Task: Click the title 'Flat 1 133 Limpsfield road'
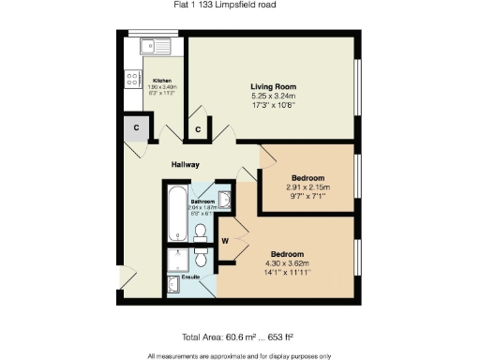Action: pyautogui.click(x=238, y=6)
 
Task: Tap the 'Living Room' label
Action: pyautogui.click(x=273, y=86)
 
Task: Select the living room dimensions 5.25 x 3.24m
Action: pyautogui.click(x=273, y=96)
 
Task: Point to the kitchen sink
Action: pyautogui.click(x=151, y=45)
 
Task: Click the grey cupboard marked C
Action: pyautogui.click(x=136, y=127)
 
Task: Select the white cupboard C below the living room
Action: pyautogui.click(x=198, y=129)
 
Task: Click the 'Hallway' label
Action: pyautogui.click(x=185, y=165)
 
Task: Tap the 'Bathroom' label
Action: pyautogui.click(x=203, y=202)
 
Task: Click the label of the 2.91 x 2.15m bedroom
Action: pyautogui.click(x=307, y=178)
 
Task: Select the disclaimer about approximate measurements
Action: pyautogui.click(x=240, y=355)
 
